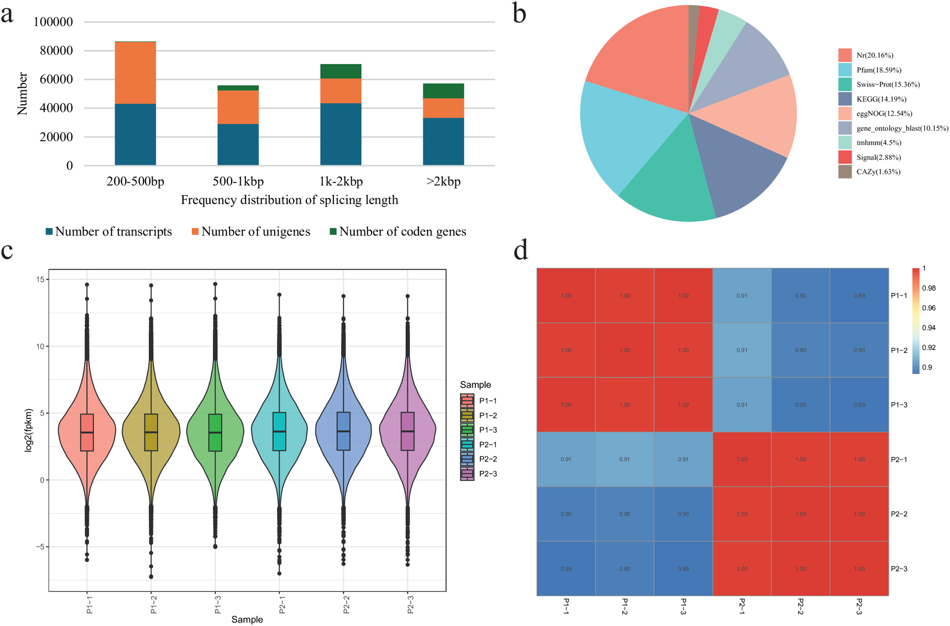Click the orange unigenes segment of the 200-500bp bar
coord(135,73)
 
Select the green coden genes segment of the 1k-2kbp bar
coord(340,71)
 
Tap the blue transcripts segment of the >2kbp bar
coord(443,141)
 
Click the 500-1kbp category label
coord(238,182)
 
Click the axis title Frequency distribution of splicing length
coord(289,200)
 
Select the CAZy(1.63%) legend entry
coord(878,172)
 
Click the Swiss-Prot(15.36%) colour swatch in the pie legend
coord(844,84)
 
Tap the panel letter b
coord(519,14)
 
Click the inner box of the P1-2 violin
coord(151,432)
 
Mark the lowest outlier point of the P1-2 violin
coord(151,577)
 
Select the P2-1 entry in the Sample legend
coord(487,444)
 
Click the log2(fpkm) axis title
coord(28,430)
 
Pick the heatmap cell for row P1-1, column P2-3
coord(859,296)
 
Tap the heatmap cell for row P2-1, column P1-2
coord(624,459)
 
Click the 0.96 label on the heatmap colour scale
coord(929,308)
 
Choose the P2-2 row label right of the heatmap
coord(899,514)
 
